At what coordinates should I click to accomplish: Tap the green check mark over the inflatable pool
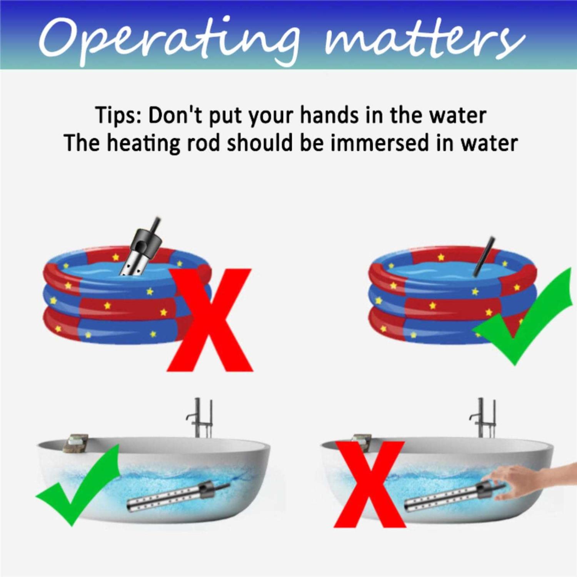pyautogui.click(x=522, y=316)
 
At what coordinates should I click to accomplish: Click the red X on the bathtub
pyautogui.click(x=369, y=484)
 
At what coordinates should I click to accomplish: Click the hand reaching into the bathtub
pyautogui.click(x=535, y=479)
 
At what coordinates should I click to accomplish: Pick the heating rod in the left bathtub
pyautogui.click(x=178, y=496)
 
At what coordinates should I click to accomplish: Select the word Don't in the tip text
pyautogui.click(x=175, y=115)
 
